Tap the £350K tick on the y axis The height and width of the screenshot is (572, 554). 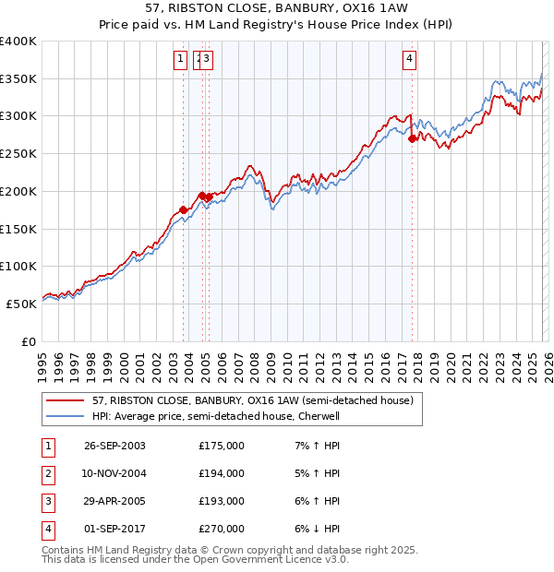coord(18,79)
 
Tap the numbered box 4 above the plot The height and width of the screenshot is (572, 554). coord(409,60)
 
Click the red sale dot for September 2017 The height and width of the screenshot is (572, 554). coord(412,138)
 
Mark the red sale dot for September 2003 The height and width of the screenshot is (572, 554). coord(184,209)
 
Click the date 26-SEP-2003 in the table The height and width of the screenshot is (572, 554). coord(114,446)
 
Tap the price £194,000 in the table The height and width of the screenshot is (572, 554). coord(222,473)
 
